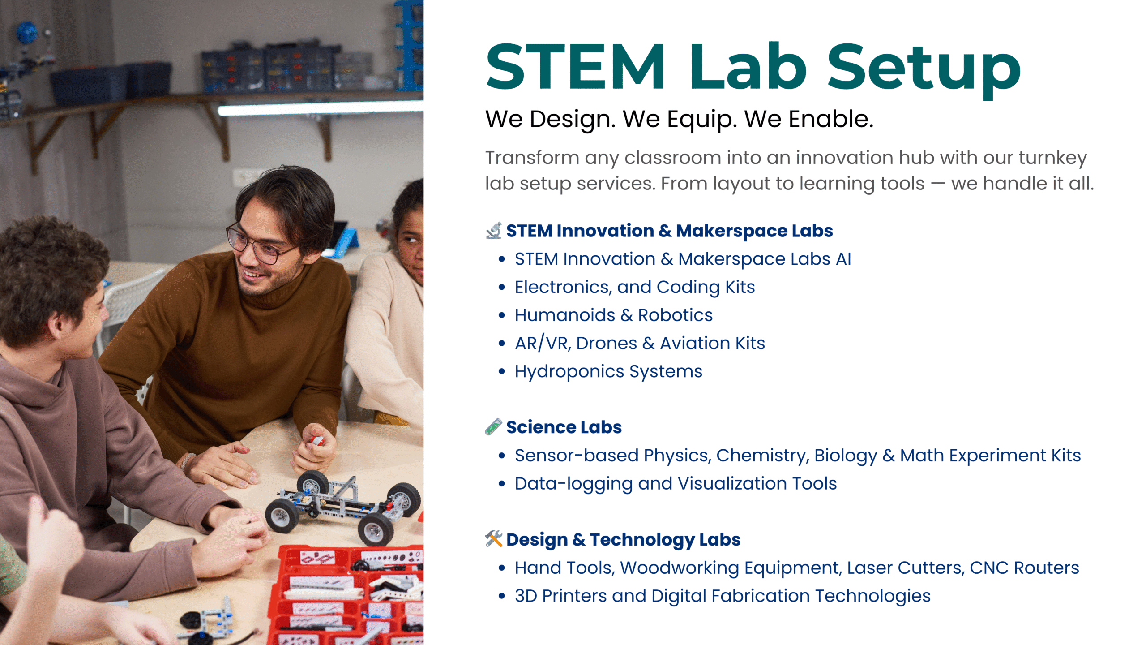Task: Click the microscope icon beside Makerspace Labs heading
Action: tap(494, 231)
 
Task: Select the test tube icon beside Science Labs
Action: tap(494, 427)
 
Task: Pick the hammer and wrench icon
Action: tap(494, 539)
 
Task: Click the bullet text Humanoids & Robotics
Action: tap(614, 315)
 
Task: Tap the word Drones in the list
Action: tap(607, 343)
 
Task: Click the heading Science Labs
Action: tap(564, 427)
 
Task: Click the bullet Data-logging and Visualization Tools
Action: tap(676, 484)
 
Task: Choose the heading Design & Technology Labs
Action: tap(624, 540)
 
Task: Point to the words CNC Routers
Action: tap(1025, 568)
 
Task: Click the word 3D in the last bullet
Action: tap(526, 596)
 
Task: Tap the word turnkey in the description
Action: tap(1053, 158)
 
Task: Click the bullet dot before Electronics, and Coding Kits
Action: tap(502, 287)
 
